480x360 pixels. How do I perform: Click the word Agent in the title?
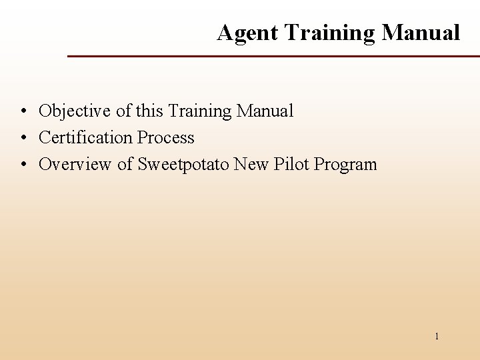(x=247, y=33)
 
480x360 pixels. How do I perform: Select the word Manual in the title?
(x=421, y=33)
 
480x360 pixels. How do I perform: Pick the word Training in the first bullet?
(x=199, y=111)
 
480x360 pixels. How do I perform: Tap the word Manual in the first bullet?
(x=265, y=111)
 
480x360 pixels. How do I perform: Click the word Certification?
(x=85, y=137)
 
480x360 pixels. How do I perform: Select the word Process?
(x=165, y=137)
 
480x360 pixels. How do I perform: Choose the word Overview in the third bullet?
(x=75, y=164)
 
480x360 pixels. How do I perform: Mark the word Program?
(x=345, y=164)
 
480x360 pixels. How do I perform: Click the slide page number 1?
(x=437, y=337)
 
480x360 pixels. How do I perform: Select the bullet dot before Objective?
(x=23, y=111)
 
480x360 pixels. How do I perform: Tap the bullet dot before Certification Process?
(x=23, y=138)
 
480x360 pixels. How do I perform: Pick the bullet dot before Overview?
(x=23, y=165)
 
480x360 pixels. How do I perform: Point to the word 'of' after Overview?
(x=125, y=164)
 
